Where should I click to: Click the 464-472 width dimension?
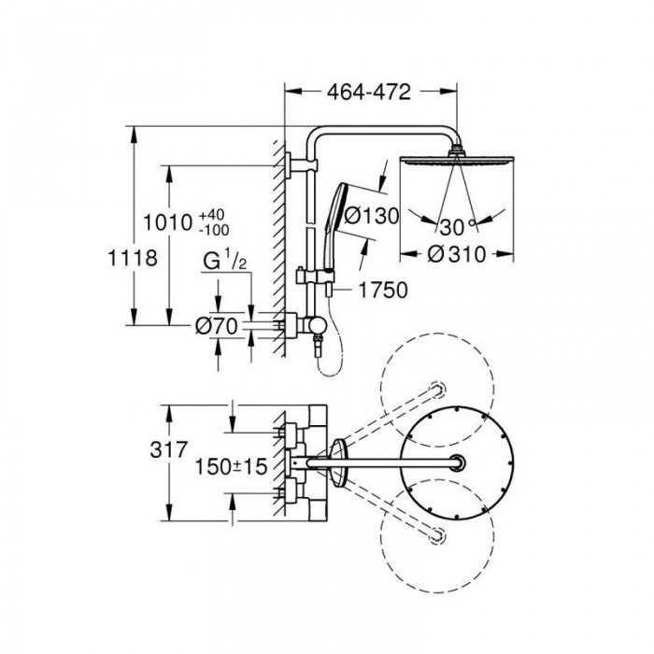point(369,92)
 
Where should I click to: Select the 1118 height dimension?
point(133,258)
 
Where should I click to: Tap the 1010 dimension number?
point(167,222)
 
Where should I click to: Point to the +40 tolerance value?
point(211,215)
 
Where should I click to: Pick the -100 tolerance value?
point(214,230)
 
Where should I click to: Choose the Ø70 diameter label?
point(217,326)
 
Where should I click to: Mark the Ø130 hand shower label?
point(371,216)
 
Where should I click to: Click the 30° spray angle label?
point(458,227)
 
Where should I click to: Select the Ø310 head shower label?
point(457,254)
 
